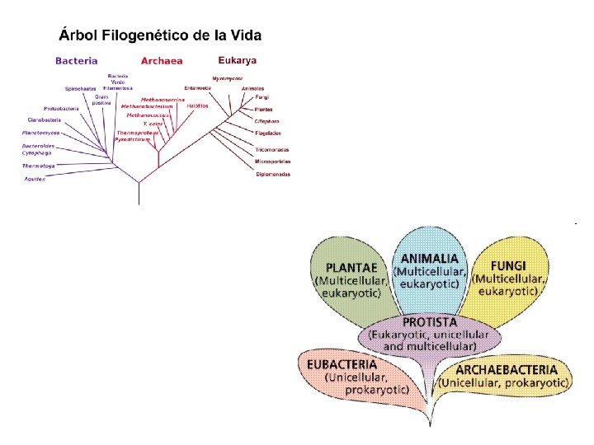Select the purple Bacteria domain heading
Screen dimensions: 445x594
pos(77,60)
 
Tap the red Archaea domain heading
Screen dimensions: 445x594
pos(162,60)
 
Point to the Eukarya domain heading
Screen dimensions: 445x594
pos(238,59)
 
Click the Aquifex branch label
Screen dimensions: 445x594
pos(34,178)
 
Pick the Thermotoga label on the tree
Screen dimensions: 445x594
pos(38,166)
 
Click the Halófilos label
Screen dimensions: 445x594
pos(197,105)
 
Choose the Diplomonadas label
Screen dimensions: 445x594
pos(272,175)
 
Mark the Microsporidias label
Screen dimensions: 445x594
pos(272,162)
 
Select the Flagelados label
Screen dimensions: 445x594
pos(268,133)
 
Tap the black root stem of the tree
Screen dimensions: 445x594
pos(139,193)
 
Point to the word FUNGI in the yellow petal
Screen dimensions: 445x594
pos(509,267)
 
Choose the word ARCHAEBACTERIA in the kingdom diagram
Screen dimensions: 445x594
pos(506,371)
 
